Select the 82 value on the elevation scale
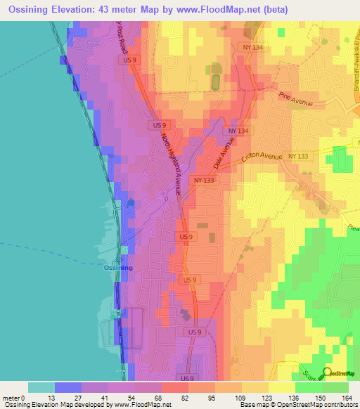coord(184,398)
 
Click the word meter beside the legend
coord(11,398)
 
